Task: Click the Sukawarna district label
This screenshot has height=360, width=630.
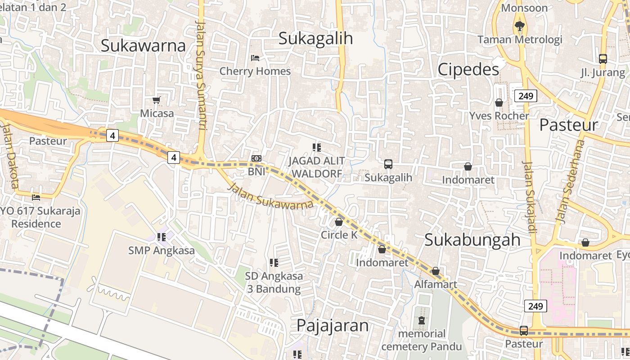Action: [x=143, y=46]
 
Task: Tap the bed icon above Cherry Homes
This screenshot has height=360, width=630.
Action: [x=255, y=58]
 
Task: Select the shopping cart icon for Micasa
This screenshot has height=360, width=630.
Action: [x=157, y=100]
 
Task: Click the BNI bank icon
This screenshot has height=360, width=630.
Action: [x=256, y=158]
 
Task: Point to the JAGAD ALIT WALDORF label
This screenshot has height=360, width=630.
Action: [x=317, y=167]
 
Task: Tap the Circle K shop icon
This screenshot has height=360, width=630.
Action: [x=339, y=222]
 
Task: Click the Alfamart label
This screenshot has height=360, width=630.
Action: [x=436, y=284]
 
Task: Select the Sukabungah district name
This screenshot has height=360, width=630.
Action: [x=472, y=240]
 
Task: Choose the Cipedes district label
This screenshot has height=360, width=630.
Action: [x=468, y=69]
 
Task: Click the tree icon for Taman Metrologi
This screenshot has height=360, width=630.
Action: [x=520, y=26]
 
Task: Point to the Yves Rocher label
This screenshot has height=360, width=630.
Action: [x=499, y=116]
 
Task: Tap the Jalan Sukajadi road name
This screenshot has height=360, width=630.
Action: [x=530, y=197]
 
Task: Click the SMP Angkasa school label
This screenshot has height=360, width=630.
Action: [x=162, y=251]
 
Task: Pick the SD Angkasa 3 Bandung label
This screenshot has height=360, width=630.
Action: [x=274, y=282]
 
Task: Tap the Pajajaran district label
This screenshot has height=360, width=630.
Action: [x=333, y=325]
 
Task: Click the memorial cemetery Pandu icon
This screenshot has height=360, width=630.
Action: [x=422, y=321]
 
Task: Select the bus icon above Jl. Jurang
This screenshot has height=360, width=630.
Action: [x=603, y=59]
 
